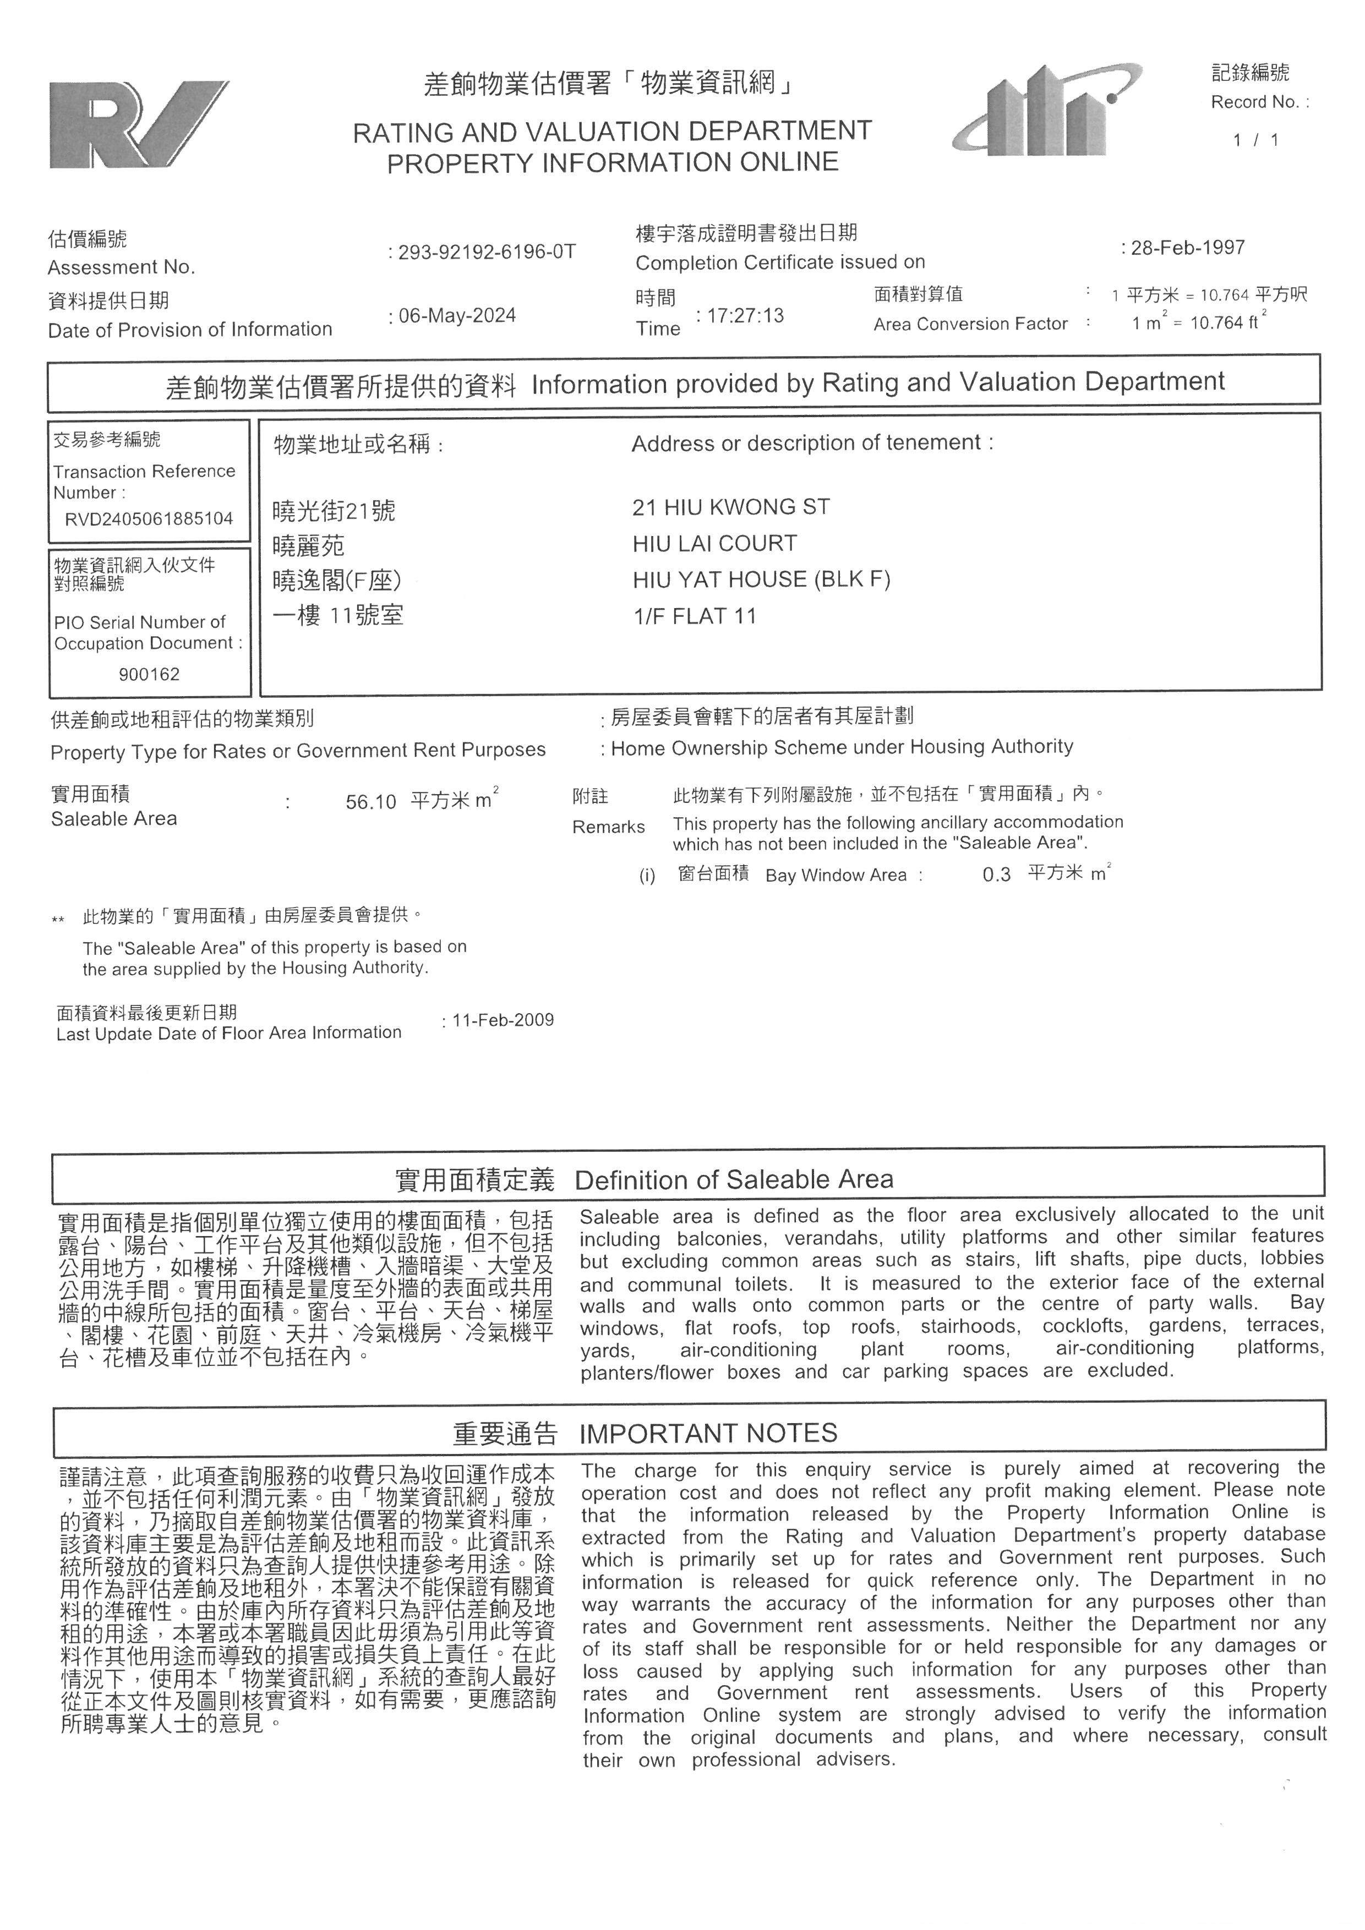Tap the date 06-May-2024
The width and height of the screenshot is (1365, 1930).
(457, 316)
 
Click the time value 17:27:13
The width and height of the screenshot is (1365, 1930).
(746, 316)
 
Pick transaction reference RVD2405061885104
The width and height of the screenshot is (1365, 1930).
(149, 518)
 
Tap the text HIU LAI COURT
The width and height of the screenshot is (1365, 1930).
(714, 544)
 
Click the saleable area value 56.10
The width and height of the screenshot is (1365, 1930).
(370, 802)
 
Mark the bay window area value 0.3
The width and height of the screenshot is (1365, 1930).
(996, 875)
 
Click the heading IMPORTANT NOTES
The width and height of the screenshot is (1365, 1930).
(708, 1433)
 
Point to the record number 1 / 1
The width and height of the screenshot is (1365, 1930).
(1255, 140)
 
